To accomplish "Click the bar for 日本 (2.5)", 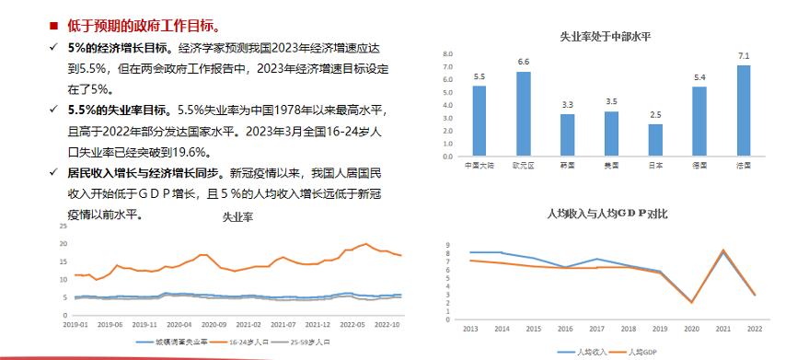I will click(x=655, y=140).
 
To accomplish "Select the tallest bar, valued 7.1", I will click(x=744, y=110).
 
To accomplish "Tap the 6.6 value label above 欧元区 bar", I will click(x=524, y=62).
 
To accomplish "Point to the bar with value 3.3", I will click(x=567, y=135).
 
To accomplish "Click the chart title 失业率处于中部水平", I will click(x=606, y=36).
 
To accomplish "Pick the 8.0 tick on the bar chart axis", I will click(x=448, y=54).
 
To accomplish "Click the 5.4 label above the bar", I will click(x=699, y=76).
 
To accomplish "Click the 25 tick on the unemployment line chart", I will click(x=63, y=226).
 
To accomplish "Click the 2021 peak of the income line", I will click(x=723, y=250).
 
